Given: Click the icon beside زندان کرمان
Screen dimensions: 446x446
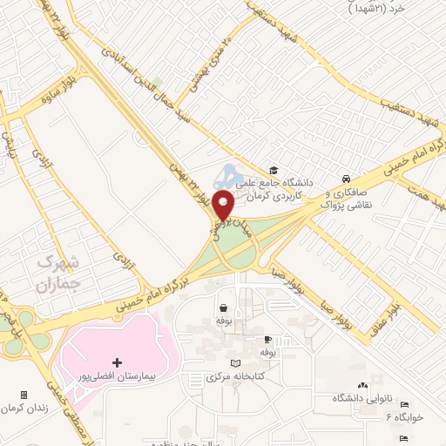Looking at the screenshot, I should point(24,395).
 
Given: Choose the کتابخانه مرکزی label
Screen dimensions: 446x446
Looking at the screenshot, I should point(234,378).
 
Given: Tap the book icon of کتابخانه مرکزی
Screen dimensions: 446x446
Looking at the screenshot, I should point(233,363).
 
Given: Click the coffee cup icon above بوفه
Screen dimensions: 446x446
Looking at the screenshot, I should point(267,339).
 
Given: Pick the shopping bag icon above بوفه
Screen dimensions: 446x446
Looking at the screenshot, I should point(224,307).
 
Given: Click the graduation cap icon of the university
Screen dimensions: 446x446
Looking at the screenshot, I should point(274,170).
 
